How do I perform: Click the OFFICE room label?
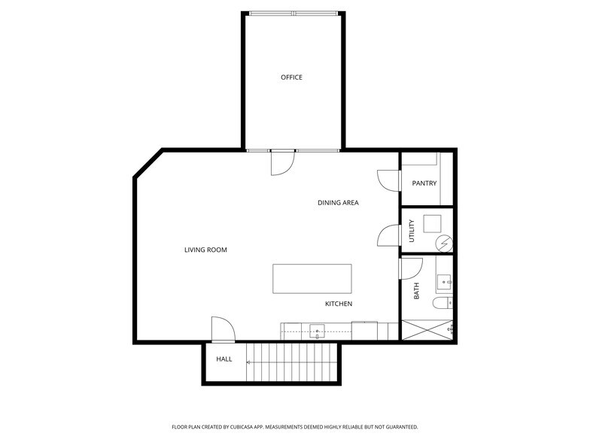tap(291, 77)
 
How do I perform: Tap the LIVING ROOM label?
tap(205, 250)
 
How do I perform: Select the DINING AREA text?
tap(338, 203)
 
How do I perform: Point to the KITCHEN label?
tap(339, 304)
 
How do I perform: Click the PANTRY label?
tap(424, 183)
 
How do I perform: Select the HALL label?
tap(224, 359)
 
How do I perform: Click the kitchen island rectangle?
tap(312, 279)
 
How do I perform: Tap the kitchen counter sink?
tap(318, 331)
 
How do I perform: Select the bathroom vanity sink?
tap(444, 283)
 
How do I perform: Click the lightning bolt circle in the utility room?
tap(443, 244)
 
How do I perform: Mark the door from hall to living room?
tap(223, 328)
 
